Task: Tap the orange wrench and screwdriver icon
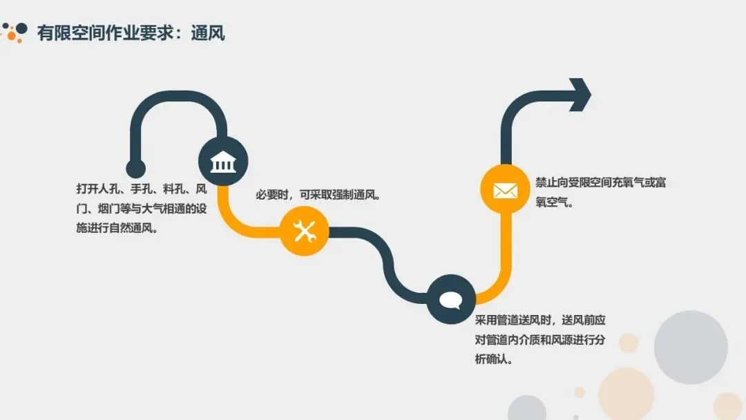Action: coord(304,231)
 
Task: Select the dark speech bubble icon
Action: coord(450,300)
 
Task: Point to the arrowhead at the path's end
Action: coord(579,95)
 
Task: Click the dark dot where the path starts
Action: coord(135,169)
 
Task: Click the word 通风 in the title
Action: coord(208,32)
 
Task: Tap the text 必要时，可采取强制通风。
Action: coord(319,195)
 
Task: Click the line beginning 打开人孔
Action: coord(142,189)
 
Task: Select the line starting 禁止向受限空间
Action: coord(600,182)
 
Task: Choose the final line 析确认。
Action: coord(494,361)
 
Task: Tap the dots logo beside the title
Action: coord(15,31)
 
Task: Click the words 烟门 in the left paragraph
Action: coord(106,209)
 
